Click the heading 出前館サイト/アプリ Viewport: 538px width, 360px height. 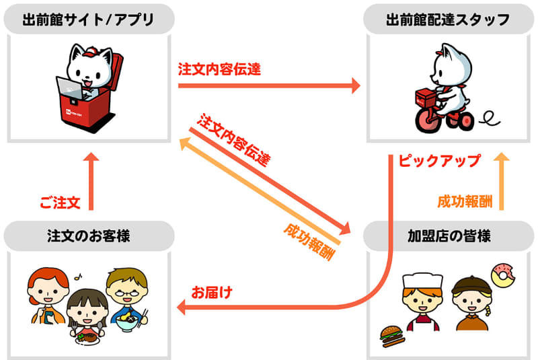89,20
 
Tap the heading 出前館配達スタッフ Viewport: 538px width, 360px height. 448,20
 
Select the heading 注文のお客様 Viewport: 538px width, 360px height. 89,236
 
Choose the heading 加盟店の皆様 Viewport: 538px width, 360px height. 449,236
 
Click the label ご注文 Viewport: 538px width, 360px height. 60,203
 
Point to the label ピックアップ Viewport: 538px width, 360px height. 440,161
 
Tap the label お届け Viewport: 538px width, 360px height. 212,293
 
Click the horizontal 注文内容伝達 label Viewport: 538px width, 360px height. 220,69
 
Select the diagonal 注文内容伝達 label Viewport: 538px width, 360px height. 234,140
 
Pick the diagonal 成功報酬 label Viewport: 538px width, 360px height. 309,242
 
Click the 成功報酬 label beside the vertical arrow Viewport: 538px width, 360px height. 465,202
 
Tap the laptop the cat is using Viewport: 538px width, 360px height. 70,89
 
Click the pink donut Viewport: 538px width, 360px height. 503,275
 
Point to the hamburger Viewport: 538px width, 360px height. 392,336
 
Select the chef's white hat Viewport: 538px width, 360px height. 422,281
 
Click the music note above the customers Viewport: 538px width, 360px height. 79,277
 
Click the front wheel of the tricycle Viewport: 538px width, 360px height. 428,120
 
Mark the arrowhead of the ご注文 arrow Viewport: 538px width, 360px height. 91,157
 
